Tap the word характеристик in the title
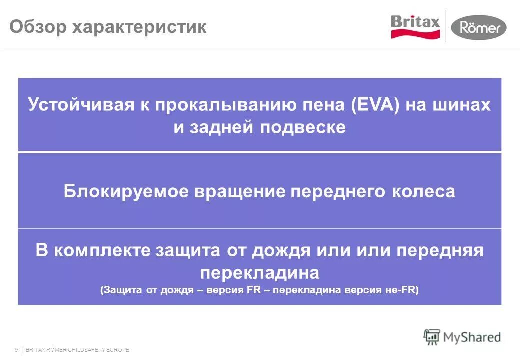[x=140, y=27]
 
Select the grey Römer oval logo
[x=478, y=27]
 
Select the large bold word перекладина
[x=259, y=273]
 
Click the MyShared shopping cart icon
[x=432, y=337]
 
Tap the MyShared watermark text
[x=471, y=337]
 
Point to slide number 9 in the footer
[x=17, y=350]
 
